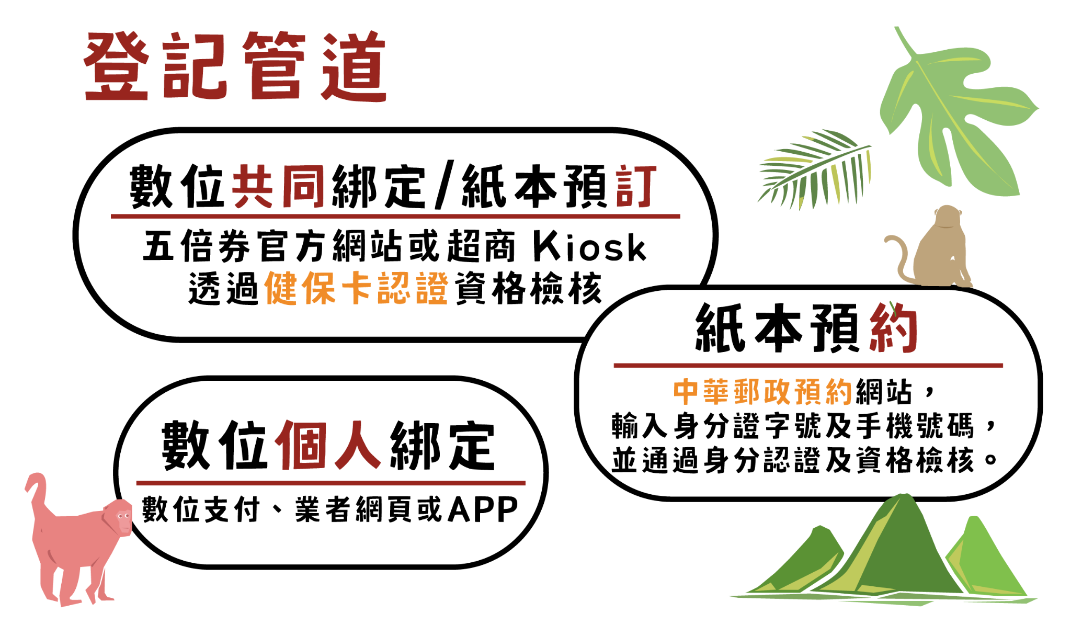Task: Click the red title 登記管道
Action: tap(235, 66)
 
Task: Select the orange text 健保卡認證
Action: tap(356, 288)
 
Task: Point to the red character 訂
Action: tap(636, 187)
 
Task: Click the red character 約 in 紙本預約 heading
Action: tap(893, 328)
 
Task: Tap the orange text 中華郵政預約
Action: tap(763, 392)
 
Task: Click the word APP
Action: tap(483, 509)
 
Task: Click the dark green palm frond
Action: tap(816, 167)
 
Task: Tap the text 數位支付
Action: tap(201, 509)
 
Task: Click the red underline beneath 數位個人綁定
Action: tap(331, 483)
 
